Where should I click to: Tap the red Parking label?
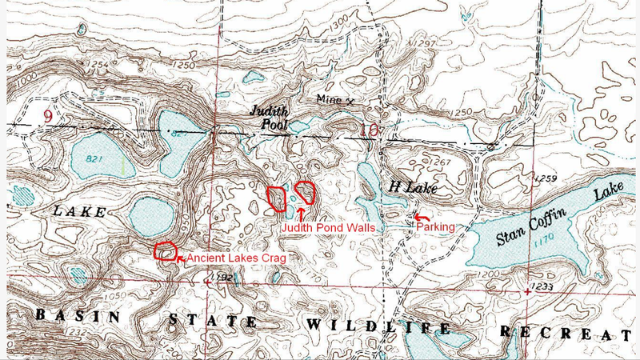point(434,227)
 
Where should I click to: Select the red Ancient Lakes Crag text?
point(234,258)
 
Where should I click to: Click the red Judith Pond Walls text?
point(330,227)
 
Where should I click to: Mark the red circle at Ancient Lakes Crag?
point(165,252)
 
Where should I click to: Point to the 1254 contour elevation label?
point(99,64)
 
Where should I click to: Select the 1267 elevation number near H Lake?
point(441,162)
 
